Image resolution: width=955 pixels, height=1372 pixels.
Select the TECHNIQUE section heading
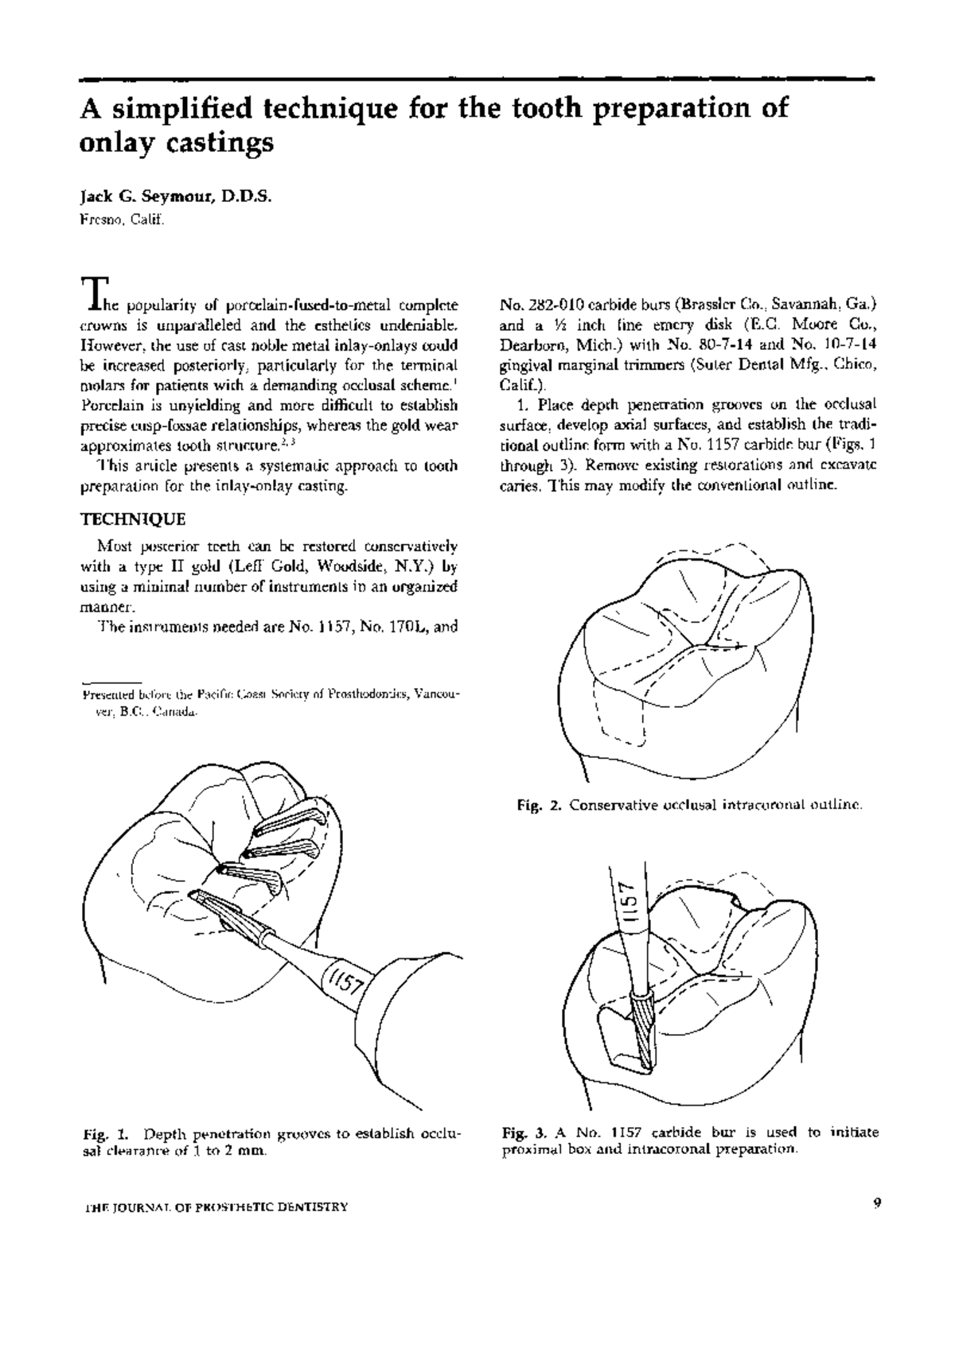(x=133, y=519)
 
